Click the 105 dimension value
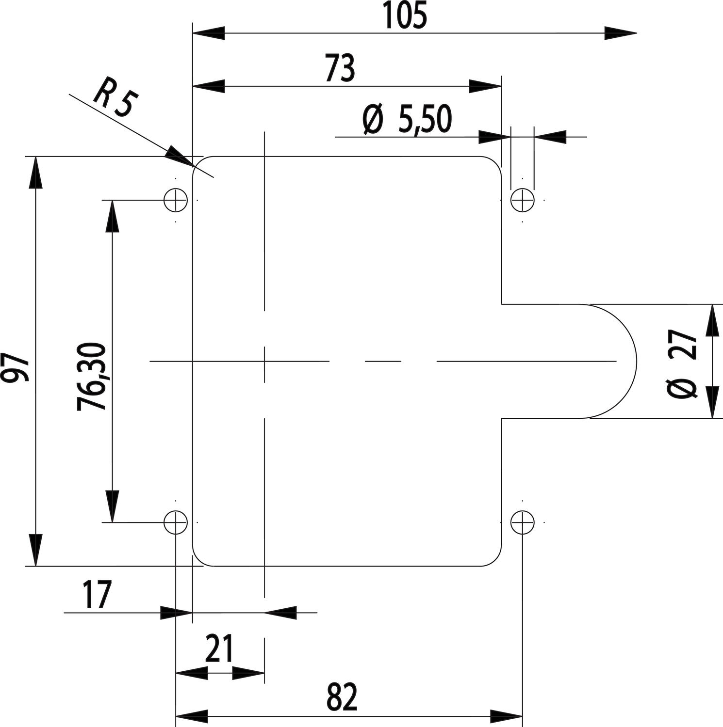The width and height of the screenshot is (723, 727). tap(405, 16)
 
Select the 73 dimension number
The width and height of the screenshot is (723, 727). tap(340, 69)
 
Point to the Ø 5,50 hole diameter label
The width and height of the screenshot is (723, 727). tap(407, 120)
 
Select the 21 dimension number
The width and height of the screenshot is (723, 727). tap(219, 649)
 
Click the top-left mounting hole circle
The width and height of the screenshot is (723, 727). tap(176, 199)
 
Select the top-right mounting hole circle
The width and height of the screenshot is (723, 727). tap(523, 199)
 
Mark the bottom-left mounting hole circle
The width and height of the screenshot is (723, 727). tap(176, 522)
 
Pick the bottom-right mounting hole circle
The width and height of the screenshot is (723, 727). tap(523, 522)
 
